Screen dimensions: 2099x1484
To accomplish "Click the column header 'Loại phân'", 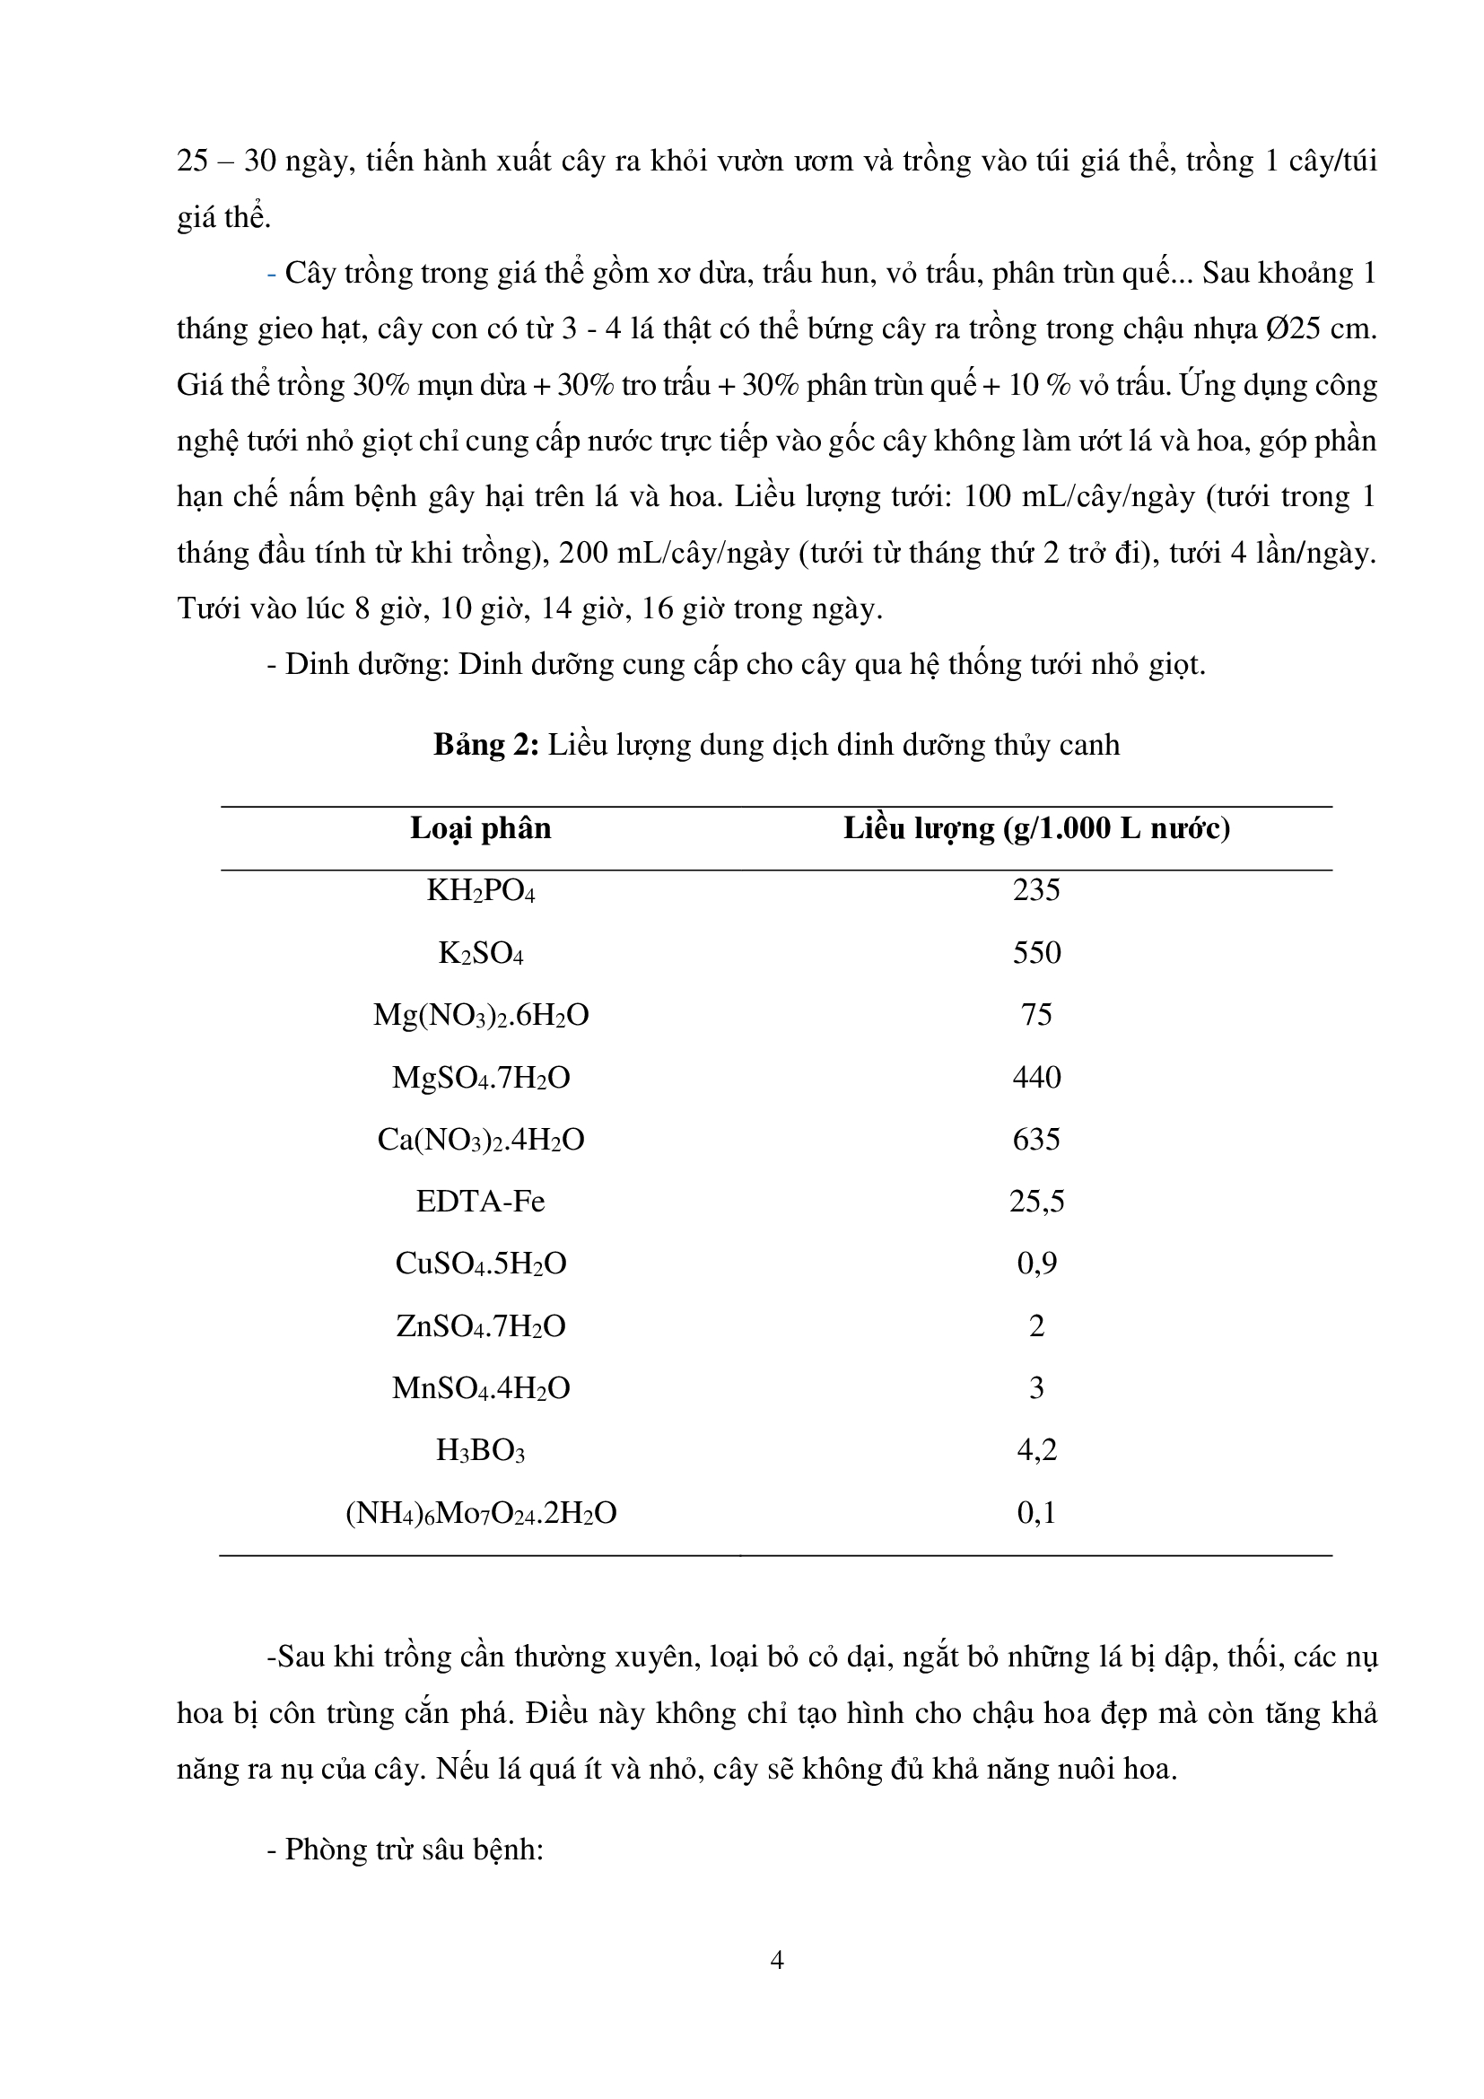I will (481, 828).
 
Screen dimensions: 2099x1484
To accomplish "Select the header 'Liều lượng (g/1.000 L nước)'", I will (1036, 828).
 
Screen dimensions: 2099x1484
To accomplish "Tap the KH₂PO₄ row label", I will (481, 890).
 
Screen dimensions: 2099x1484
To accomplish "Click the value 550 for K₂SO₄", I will (1036, 953).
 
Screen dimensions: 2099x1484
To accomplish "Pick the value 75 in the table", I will (1036, 1015).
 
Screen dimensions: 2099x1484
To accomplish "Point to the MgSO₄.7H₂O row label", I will (481, 1078).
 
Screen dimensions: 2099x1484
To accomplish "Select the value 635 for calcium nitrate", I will (1036, 1139).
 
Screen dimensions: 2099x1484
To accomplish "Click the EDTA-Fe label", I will (481, 1202).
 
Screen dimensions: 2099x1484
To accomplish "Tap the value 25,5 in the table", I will (1036, 1202).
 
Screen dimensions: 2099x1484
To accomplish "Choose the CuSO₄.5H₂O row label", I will (481, 1264).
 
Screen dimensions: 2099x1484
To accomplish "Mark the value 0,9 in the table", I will (1036, 1264).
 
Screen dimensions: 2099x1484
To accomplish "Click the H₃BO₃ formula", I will (481, 1451).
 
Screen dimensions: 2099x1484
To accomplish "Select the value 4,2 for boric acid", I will (1036, 1450).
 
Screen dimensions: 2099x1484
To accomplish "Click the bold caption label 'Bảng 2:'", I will (486, 745).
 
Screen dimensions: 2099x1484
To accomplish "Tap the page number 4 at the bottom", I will (777, 1960).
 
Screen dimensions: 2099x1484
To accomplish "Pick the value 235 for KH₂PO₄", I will (1036, 890).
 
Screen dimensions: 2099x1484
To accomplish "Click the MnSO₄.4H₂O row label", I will (481, 1388).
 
